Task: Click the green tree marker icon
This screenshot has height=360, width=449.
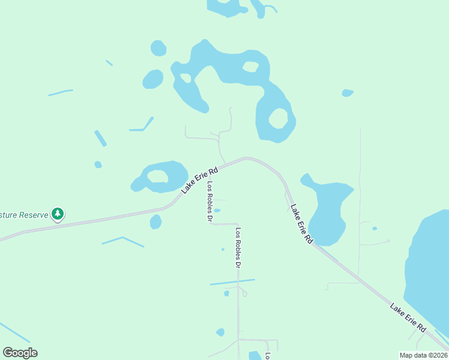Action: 58,213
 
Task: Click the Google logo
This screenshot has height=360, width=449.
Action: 20,353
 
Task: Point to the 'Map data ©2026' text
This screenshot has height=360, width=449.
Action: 423,355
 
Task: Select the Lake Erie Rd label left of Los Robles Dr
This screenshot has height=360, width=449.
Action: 199,180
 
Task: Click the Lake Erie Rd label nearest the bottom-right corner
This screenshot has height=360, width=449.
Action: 408,318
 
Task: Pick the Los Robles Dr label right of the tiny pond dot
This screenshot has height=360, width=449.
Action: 238,248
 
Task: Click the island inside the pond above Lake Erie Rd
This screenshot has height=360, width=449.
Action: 158,176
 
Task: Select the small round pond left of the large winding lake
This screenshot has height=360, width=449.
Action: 153,79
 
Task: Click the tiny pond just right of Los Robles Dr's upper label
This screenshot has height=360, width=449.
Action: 217,211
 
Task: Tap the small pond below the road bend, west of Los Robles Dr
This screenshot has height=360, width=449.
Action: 156,222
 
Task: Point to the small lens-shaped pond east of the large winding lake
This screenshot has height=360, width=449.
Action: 347,93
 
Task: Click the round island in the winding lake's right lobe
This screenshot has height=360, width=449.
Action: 279,118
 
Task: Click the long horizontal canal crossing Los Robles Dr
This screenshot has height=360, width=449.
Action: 232,281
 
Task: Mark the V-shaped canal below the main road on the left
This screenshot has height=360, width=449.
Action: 122,241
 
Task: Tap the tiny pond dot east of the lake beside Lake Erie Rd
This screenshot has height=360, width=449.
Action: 375,229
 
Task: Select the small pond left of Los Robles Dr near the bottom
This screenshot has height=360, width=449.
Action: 220,332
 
